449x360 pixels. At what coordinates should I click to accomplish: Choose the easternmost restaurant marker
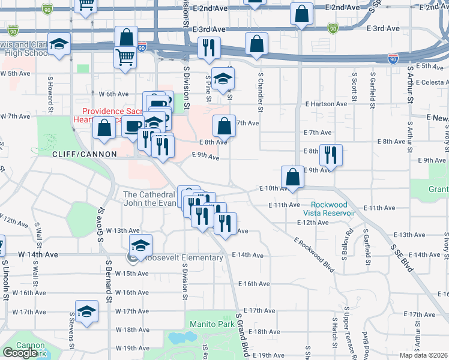point(331,156)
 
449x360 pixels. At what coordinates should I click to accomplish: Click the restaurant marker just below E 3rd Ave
point(209,49)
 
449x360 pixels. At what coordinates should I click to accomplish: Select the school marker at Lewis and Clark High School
point(59,46)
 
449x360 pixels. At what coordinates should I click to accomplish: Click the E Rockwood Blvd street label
point(314,255)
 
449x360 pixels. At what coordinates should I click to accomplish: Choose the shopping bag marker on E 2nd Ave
point(301,14)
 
